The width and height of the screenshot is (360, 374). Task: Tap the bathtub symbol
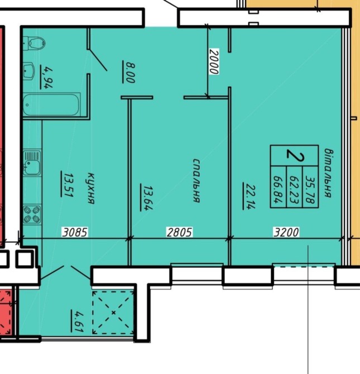[x=51, y=105]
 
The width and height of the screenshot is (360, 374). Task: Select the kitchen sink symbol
[x=32, y=163]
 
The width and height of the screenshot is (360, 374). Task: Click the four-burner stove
[x=32, y=214]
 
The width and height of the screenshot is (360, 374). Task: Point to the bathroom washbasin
[x=29, y=71]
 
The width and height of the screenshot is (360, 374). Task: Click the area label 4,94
[x=46, y=77]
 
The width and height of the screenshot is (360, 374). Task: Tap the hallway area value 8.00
[x=129, y=72]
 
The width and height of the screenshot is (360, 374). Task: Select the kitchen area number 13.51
[x=68, y=184]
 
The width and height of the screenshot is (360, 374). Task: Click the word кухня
[x=91, y=189]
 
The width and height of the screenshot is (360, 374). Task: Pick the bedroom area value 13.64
[x=146, y=197]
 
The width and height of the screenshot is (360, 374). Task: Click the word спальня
[x=196, y=180]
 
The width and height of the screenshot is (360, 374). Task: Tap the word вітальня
[x=328, y=173]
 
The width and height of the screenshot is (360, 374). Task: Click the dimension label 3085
[x=75, y=232]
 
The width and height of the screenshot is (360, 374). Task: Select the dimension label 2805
[x=179, y=232]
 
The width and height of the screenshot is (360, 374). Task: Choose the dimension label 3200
[x=286, y=232]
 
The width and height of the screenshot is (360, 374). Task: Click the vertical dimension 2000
[x=214, y=61]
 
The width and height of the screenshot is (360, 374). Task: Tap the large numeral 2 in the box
[x=295, y=155]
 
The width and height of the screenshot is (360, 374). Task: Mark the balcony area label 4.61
[x=77, y=320]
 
